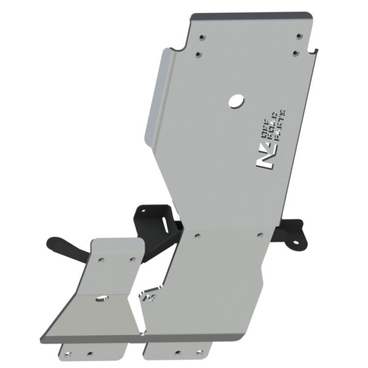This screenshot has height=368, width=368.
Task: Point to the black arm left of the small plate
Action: (x=67, y=245)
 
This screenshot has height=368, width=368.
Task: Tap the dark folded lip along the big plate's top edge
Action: (x=251, y=12)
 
